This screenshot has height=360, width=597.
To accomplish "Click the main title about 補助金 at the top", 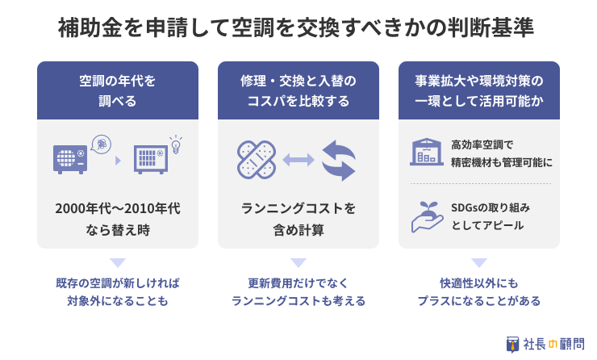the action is [296, 27].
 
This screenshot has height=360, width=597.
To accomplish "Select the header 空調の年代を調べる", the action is [118, 90].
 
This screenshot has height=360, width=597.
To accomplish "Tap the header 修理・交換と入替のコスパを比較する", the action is [298, 90].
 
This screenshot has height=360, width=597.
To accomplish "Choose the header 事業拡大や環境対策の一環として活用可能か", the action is [479, 90].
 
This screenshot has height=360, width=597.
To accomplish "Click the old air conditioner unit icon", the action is [70, 159].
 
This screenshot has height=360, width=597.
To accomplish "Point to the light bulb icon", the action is [176, 144].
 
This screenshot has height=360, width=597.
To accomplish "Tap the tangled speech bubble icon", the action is [101, 144].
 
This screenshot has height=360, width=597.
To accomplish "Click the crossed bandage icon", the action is [257, 160].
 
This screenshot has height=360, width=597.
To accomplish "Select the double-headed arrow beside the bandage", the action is [298, 161].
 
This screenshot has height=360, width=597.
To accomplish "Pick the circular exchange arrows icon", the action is [339, 161].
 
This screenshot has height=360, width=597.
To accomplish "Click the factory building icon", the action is [427, 152].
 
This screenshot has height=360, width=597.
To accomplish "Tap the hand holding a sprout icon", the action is [428, 216].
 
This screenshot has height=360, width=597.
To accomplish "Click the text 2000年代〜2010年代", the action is [118, 209].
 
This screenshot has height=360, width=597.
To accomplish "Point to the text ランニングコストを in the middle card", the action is [298, 209].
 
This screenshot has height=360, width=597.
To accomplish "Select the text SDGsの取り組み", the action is [491, 207].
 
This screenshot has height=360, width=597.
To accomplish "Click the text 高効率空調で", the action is [482, 144].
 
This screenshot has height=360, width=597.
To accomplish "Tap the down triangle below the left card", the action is [118, 263].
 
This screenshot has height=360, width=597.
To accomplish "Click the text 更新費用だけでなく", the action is [298, 283].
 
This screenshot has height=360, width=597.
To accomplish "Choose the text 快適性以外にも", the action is [479, 283].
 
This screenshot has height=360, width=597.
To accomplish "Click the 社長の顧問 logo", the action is [545, 345].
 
